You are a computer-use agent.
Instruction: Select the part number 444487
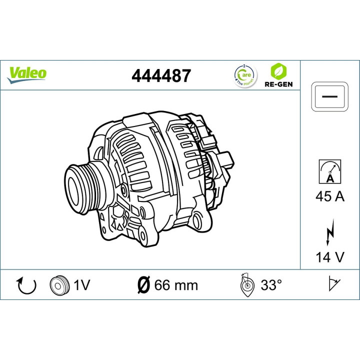160,75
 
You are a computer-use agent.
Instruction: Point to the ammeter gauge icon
330,171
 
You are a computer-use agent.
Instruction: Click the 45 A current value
330,196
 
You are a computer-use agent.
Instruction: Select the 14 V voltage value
330,257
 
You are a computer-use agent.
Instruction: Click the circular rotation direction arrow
27,285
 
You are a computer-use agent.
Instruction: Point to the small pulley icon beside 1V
58,285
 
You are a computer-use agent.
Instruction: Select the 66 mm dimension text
176,285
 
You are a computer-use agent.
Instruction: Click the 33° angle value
271,285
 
